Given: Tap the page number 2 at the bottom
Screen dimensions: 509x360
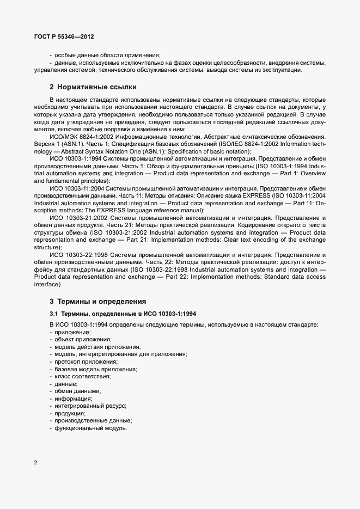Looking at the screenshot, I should pos(35,463).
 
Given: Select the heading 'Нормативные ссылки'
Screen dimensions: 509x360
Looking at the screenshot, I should pos(97,87).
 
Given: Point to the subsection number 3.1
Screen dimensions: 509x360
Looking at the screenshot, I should pos(54,314).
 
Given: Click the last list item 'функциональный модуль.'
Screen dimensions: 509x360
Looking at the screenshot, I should pos(90,428).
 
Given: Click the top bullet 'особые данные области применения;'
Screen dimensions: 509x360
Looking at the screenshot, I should pos(107,55).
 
